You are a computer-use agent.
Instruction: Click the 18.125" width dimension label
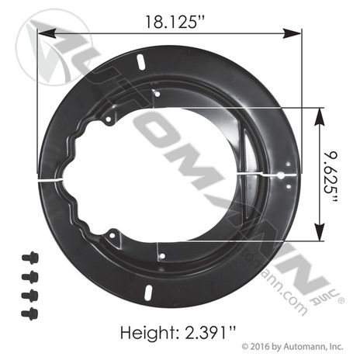175,22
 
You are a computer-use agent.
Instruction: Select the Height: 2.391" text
178,332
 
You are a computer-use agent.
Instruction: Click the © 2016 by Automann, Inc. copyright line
292,346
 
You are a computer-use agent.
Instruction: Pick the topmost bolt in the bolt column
30,258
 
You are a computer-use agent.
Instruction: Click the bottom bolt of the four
29,313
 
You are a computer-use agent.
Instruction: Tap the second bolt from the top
30,277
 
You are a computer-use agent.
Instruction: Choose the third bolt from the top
29,296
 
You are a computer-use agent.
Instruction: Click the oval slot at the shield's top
140,62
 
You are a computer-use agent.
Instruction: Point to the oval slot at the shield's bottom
148,292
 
